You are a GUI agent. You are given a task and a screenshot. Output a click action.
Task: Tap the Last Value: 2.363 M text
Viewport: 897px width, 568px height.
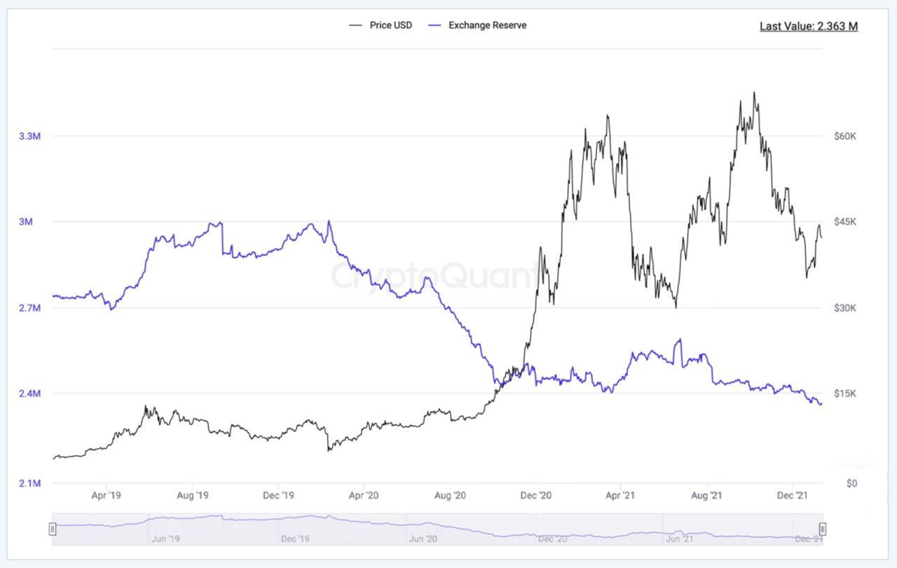[x=809, y=27]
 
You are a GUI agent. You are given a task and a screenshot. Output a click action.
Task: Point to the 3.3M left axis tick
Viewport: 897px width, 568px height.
[x=29, y=136]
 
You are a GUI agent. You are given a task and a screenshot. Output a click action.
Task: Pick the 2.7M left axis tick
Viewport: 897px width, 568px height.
[x=29, y=308]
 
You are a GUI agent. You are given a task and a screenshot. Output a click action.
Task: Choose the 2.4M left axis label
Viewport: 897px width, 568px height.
[x=29, y=393]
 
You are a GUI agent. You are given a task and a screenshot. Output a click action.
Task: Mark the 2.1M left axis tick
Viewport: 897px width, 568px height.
[x=29, y=483]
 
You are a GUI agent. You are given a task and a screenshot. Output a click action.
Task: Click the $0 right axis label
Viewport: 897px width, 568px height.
[x=851, y=483]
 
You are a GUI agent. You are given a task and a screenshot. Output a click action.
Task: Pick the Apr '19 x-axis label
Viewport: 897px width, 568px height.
[x=107, y=496]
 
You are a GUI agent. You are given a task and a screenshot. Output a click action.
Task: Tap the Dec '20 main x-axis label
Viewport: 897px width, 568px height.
[x=536, y=496]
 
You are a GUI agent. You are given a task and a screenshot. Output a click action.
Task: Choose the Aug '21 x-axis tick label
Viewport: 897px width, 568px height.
[x=706, y=496]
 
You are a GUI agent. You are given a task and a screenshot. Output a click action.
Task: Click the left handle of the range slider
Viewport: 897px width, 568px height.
[x=53, y=529]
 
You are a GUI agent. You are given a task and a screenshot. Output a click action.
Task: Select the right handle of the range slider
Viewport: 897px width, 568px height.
[x=823, y=529]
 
